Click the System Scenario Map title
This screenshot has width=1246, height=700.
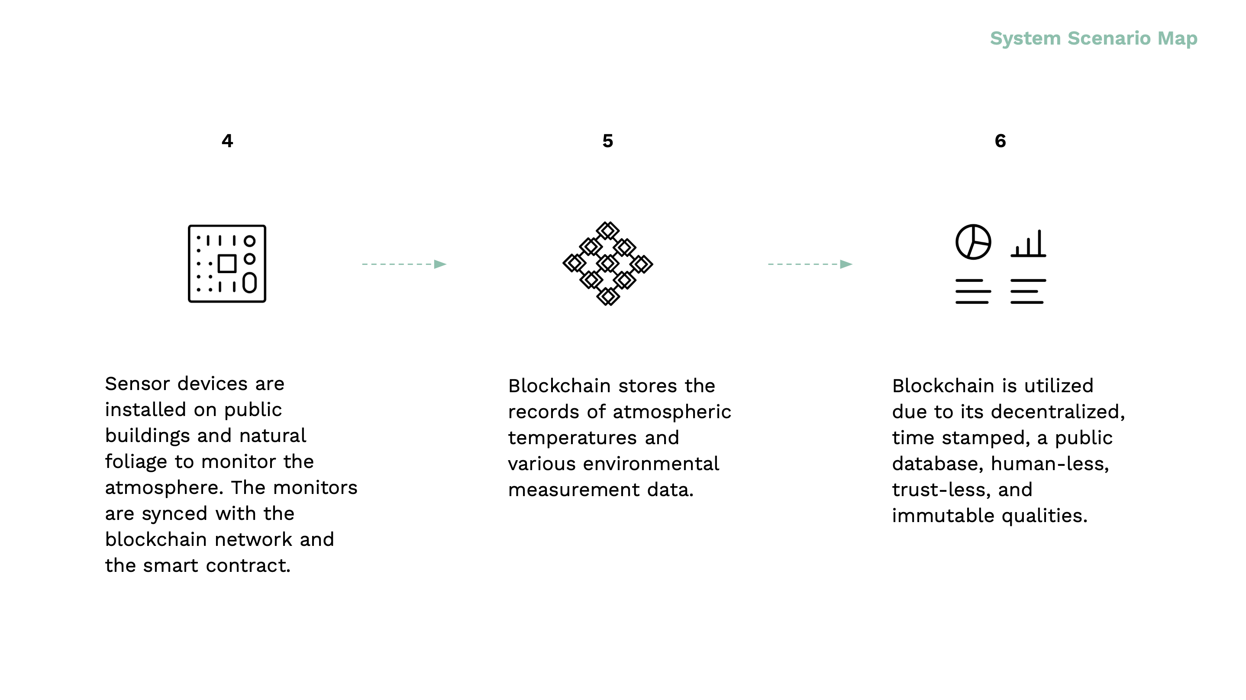(1094, 39)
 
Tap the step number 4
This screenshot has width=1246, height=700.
(227, 141)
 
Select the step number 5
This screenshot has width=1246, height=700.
(607, 141)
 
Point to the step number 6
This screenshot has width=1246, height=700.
(1000, 141)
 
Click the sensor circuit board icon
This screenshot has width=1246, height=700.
(189, 264)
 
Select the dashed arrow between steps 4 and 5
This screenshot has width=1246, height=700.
(404, 264)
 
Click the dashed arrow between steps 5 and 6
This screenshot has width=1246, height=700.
(810, 264)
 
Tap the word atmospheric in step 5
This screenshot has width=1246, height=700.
(672, 412)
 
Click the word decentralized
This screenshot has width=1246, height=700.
(1057, 412)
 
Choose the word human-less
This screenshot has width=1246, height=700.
(1049, 464)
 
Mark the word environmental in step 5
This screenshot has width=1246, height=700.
(651, 464)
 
